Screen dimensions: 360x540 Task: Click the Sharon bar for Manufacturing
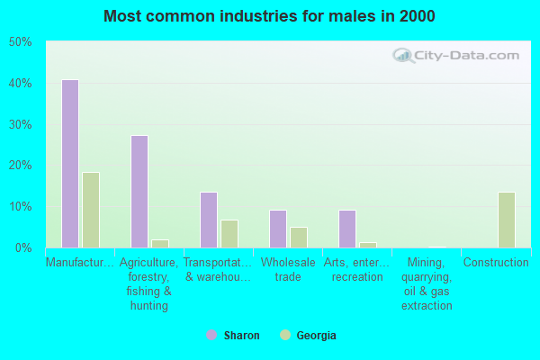click(70, 164)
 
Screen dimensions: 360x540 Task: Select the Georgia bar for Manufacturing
click(91, 210)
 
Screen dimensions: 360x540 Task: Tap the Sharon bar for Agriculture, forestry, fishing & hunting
click(139, 192)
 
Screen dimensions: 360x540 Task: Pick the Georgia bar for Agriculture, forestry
click(160, 243)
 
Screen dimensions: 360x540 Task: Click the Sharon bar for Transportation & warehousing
click(209, 220)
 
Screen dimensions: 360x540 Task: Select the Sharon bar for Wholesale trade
click(278, 229)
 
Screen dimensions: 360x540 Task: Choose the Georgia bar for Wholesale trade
click(299, 238)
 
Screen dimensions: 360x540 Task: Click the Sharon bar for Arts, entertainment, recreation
click(347, 229)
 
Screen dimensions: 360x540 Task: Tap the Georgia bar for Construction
click(507, 220)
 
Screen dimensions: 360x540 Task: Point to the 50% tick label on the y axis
click(20, 42)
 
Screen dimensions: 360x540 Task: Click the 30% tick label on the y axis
click(20, 124)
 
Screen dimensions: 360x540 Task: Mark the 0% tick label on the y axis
click(22, 247)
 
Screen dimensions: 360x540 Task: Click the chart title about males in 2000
click(269, 16)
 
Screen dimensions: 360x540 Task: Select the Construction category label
click(496, 263)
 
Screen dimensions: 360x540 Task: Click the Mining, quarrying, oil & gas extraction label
click(427, 284)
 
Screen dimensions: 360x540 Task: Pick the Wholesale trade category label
click(288, 270)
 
